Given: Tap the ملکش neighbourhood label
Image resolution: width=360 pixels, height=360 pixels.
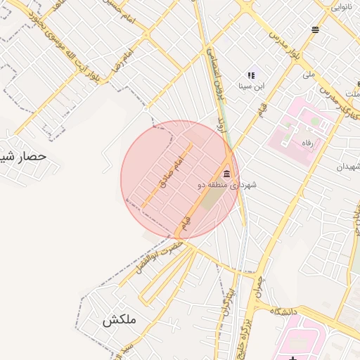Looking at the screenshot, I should click(x=117, y=321).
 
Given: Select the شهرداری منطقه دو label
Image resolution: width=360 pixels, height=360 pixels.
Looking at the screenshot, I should click(x=227, y=185).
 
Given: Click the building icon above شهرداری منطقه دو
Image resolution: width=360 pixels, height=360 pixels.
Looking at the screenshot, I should click(x=226, y=174).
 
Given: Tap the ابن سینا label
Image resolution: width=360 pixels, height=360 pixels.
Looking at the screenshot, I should click(x=251, y=86).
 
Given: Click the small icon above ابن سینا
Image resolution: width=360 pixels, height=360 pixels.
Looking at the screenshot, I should click(x=250, y=75).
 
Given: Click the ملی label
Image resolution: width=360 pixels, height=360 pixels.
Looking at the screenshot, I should click(x=309, y=74).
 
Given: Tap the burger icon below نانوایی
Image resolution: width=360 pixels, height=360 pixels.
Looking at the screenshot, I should click(x=315, y=30).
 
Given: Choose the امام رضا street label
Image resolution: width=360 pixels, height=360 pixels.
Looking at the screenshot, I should click(x=121, y=63).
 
